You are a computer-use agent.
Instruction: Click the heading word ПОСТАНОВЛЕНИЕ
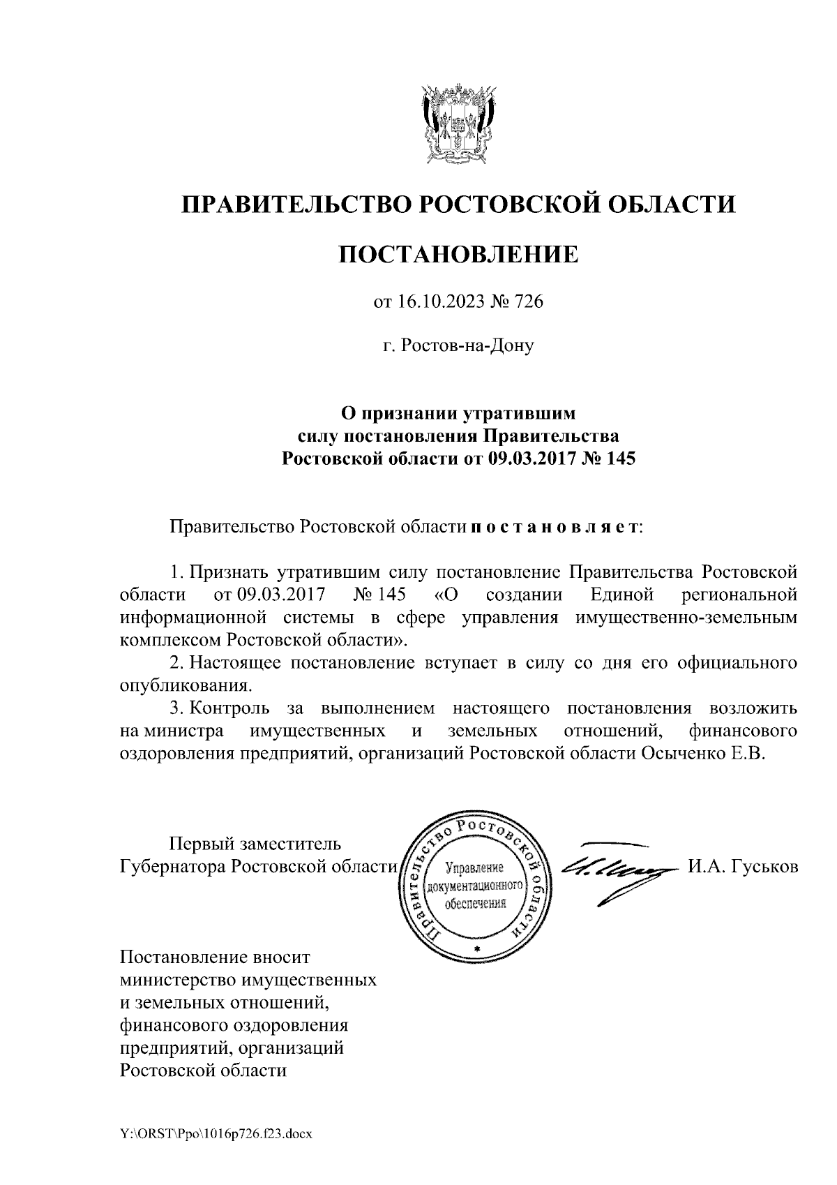click(458, 254)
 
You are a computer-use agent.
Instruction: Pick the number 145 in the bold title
click(622, 459)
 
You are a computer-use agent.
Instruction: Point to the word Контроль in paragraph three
click(230, 708)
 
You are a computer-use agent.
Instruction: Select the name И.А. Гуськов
click(743, 866)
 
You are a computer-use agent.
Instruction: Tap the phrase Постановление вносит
click(215, 957)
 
